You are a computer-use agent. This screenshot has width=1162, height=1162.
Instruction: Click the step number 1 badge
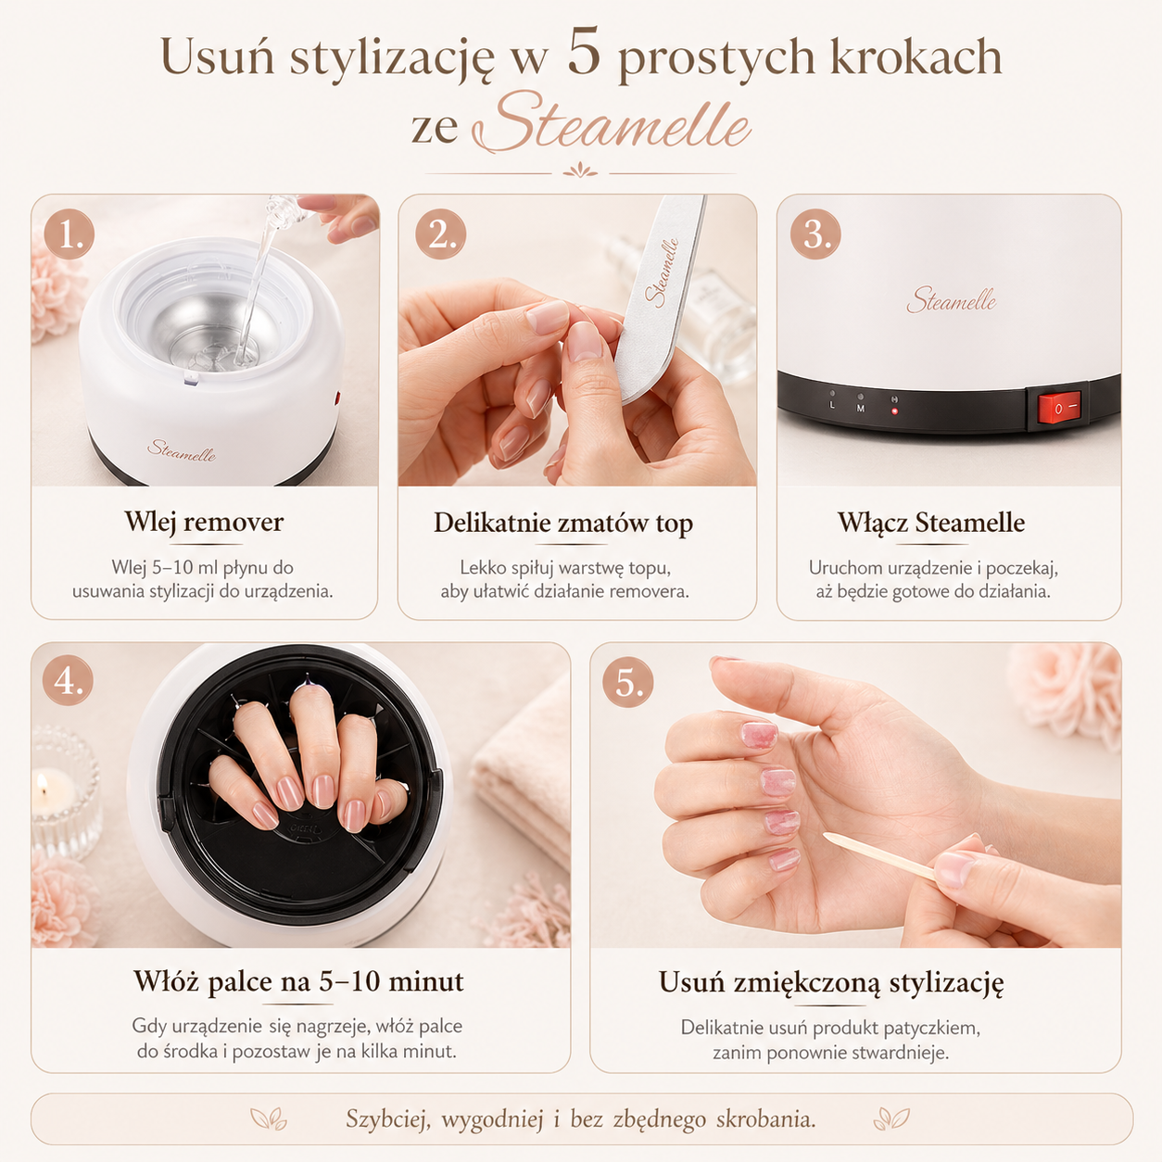(69, 234)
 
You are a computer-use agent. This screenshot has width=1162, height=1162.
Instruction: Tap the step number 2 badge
(441, 234)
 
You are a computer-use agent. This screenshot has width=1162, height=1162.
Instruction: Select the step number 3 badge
(815, 234)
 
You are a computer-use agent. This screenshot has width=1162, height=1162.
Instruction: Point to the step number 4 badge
(69, 681)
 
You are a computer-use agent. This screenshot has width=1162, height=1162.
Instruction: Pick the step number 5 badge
(627, 682)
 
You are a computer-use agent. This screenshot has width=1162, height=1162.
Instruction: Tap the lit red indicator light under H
(894, 411)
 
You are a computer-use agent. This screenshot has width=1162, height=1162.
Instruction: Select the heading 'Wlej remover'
(204, 523)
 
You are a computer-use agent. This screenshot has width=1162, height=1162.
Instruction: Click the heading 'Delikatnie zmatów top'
(563, 524)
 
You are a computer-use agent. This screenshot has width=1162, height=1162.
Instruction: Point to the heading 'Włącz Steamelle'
(931, 523)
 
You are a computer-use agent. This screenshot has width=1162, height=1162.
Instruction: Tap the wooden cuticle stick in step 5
(880, 856)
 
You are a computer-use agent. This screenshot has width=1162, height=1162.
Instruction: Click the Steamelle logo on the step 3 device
(951, 299)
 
